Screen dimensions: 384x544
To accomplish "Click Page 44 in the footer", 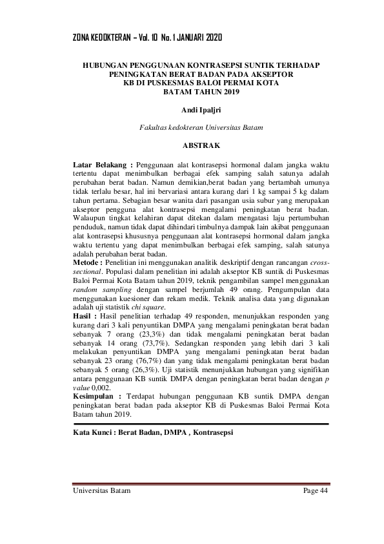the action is tap(316, 491).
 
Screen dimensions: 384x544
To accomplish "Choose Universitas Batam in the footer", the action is tap(101, 491).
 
